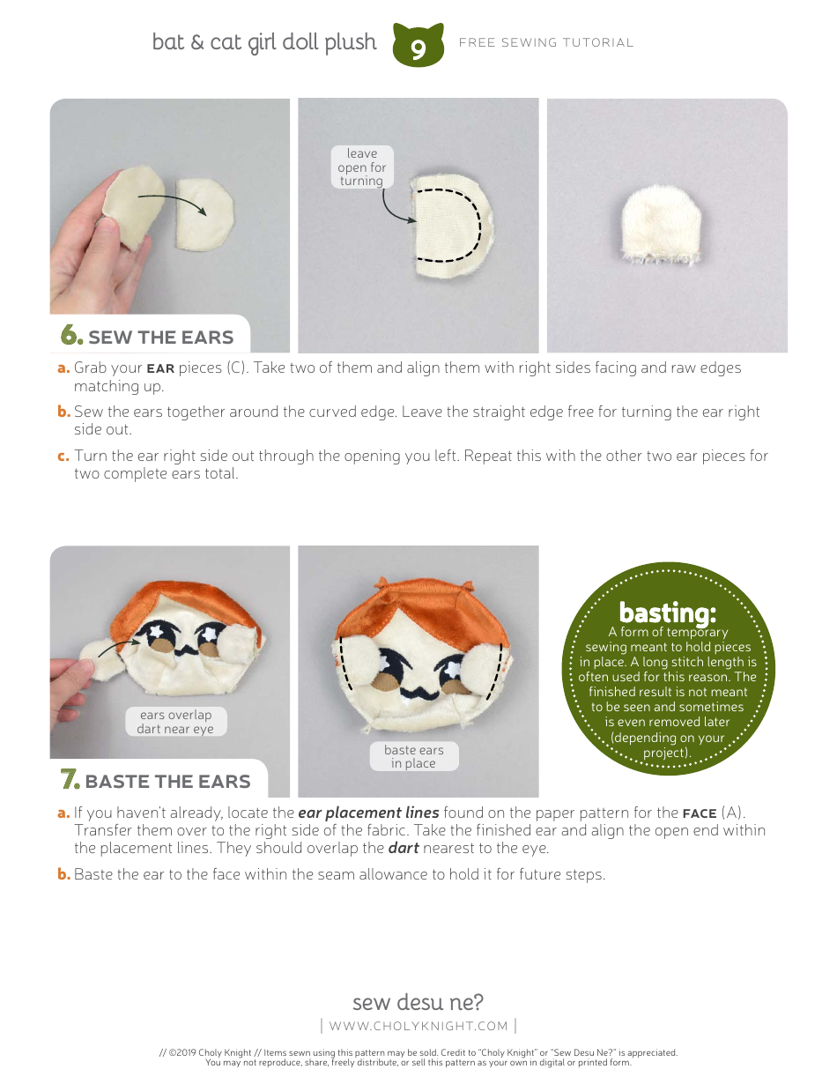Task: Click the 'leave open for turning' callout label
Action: point(361,167)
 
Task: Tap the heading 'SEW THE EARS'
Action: point(160,338)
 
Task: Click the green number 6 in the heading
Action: point(71,336)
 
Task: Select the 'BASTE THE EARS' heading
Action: point(167,782)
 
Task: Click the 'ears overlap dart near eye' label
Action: point(175,722)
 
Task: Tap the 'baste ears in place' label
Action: point(413,756)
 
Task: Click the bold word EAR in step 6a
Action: point(160,368)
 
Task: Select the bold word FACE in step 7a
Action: point(699,813)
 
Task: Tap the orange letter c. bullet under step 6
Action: point(63,457)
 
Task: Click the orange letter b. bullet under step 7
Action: point(63,875)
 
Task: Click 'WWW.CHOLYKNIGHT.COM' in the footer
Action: point(418,1026)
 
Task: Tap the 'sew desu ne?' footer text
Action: point(418,1002)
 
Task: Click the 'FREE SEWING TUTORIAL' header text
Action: point(546,42)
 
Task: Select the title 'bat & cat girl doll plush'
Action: point(264,42)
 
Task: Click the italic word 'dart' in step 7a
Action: point(404,849)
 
